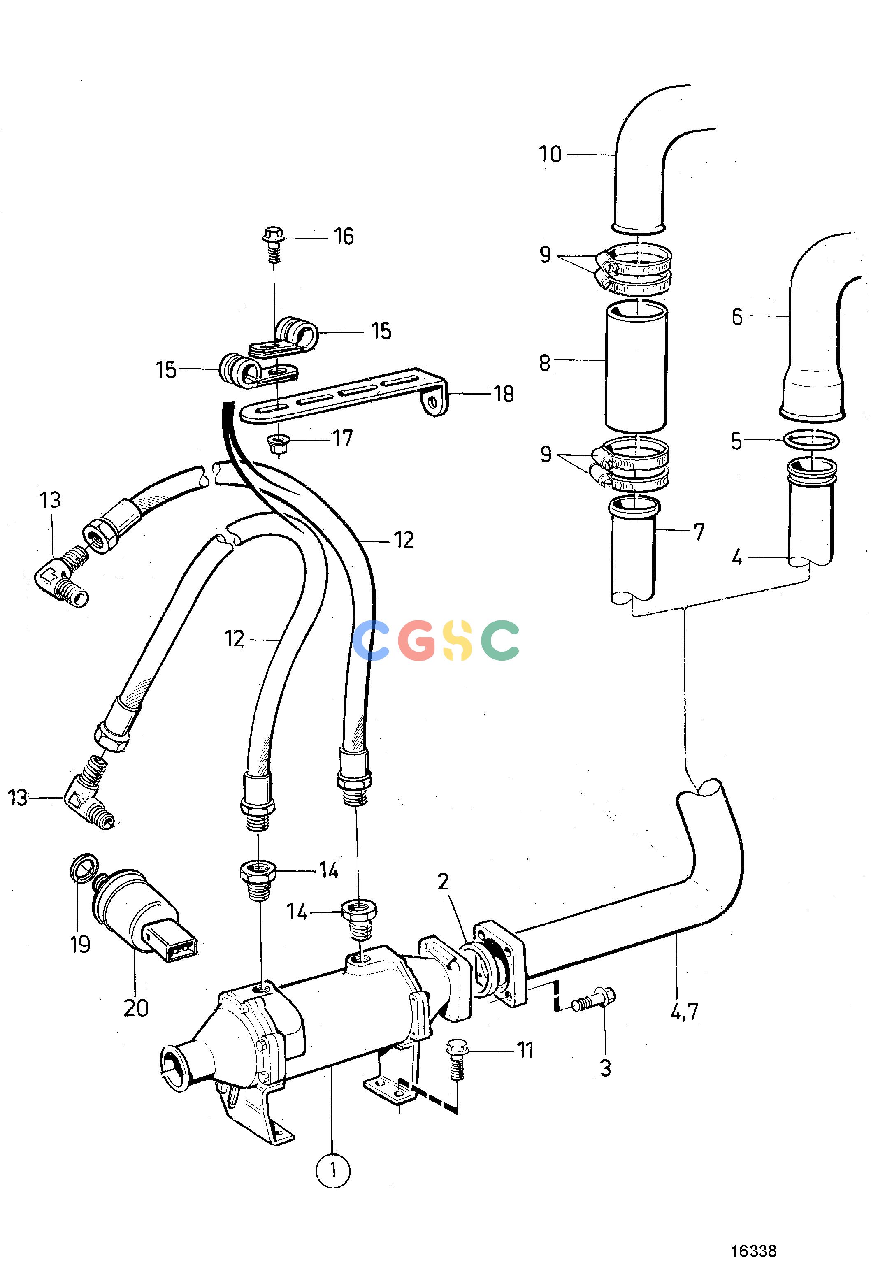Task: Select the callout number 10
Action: pos(550,154)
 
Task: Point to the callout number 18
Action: pos(503,394)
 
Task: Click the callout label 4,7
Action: pos(684,1011)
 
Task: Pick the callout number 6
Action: pos(737,317)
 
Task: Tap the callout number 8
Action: pos(545,363)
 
